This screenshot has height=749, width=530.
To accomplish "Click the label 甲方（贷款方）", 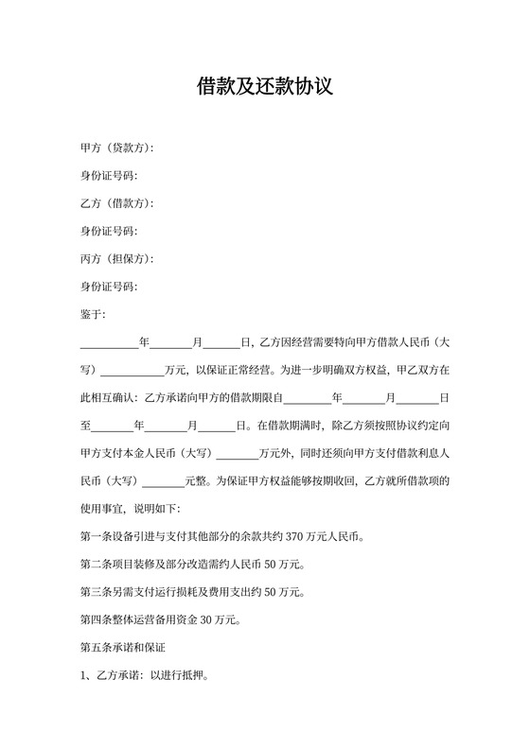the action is click(116, 148).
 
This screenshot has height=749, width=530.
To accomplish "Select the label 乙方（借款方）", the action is click(116, 203).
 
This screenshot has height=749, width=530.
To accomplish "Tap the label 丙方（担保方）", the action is click(116, 259).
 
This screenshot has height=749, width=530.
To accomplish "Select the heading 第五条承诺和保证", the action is click(123, 649).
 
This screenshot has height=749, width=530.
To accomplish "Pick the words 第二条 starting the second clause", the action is click(97, 566).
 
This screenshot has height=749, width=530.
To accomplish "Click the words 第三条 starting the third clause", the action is click(97, 593).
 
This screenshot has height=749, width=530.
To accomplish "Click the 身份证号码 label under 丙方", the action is click(108, 287).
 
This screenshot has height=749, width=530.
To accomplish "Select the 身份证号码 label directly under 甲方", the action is click(108, 176).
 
